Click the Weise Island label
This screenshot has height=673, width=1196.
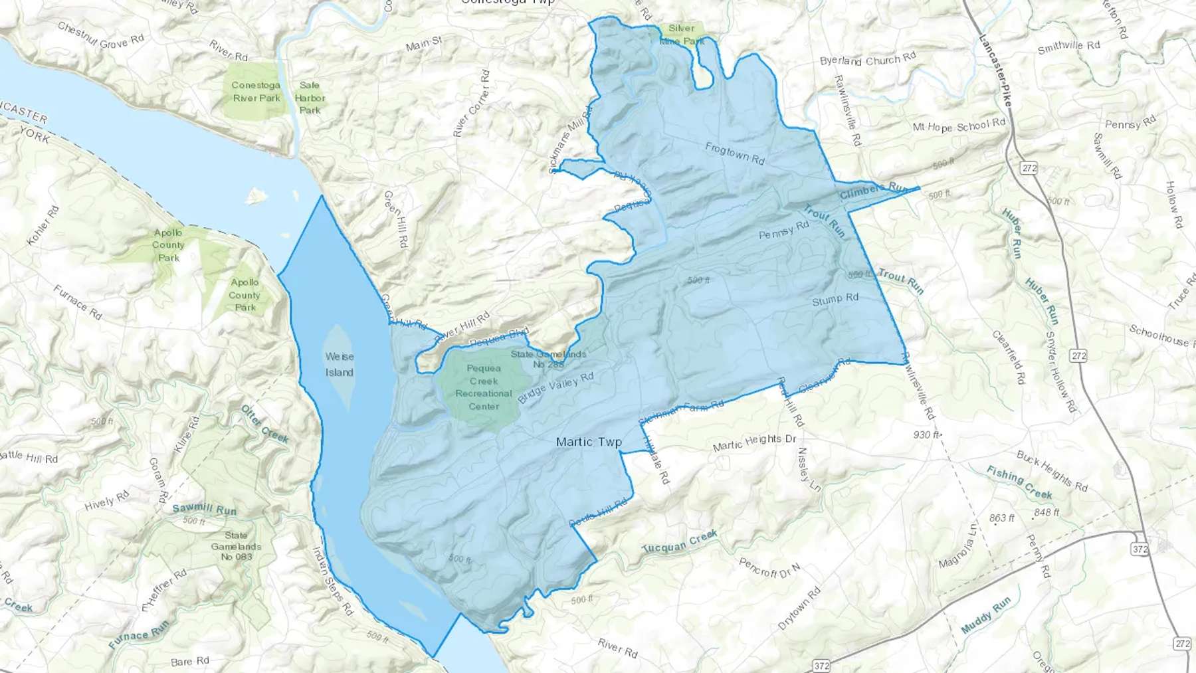[339, 364]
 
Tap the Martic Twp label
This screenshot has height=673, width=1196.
[589, 442]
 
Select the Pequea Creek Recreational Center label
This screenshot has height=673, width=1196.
[484, 387]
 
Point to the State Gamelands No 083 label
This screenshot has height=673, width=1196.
[237, 545]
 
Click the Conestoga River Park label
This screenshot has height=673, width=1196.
[256, 92]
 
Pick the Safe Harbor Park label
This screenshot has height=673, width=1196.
[310, 98]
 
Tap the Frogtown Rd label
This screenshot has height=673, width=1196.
[735, 153]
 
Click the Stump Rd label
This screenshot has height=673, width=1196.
[835, 300]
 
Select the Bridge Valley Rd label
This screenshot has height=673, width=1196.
[555, 387]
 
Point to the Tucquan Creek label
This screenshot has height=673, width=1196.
[680, 541]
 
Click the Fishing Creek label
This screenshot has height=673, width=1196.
[1019, 482]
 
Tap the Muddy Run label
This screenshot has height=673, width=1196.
[985, 615]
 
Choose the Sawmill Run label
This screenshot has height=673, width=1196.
[204, 509]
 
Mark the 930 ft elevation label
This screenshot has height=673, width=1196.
[927, 435]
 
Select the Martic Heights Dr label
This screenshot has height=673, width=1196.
[754, 442]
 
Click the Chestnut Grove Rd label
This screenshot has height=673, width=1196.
[100, 36]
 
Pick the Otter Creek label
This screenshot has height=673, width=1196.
[264, 424]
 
